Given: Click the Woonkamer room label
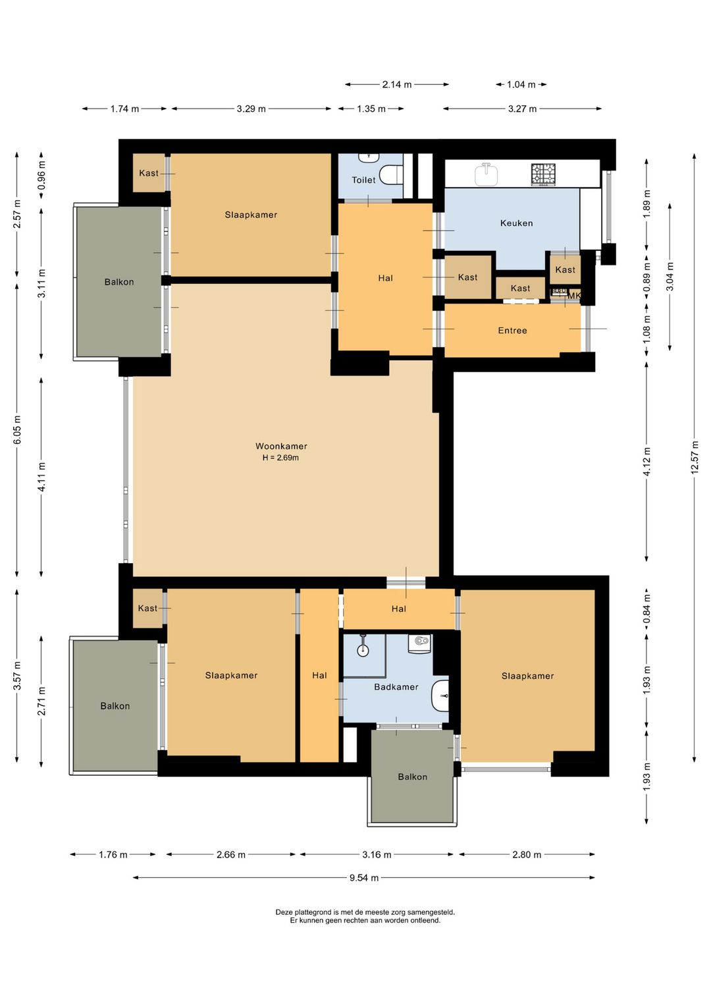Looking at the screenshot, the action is click(x=281, y=446).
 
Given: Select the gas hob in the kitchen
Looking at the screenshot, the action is click(x=543, y=175).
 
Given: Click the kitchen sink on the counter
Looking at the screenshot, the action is click(x=487, y=174).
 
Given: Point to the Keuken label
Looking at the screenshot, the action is click(x=516, y=223).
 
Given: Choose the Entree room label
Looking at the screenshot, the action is click(x=512, y=331).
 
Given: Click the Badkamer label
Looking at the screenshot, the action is click(x=396, y=687).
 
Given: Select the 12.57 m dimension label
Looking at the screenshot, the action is click(x=695, y=457).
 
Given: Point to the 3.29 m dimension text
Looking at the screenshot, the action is click(x=251, y=109).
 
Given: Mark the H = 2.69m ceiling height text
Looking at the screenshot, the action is click(x=281, y=458).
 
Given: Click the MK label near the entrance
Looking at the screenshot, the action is click(x=574, y=296).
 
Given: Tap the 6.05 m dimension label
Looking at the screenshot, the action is click(x=18, y=429).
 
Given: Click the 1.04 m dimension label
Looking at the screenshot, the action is click(x=521, y=84).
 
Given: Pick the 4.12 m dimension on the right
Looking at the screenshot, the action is click(x=646, y=461).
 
